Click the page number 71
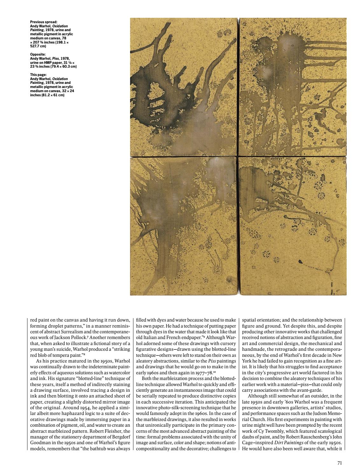(339, 463)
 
